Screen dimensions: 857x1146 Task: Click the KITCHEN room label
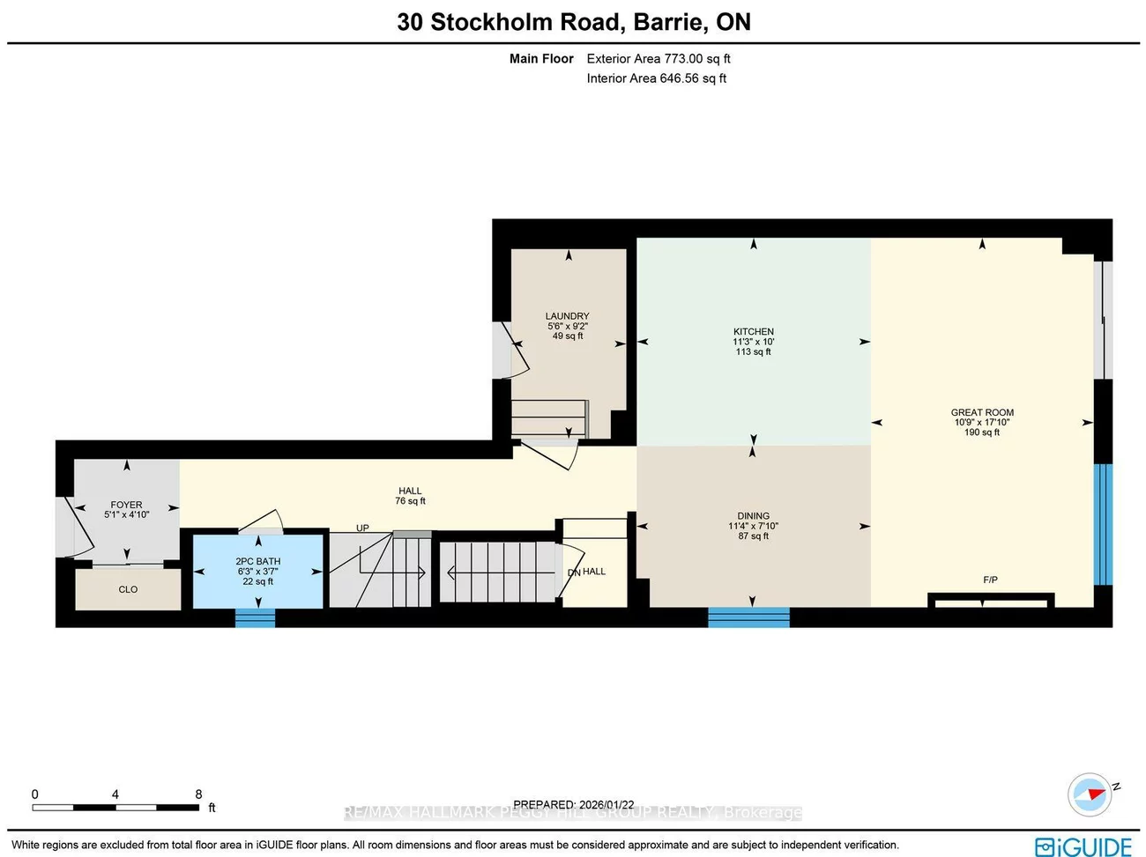(x=753, y=332)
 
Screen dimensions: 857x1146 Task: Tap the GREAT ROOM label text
(x=982, y=412)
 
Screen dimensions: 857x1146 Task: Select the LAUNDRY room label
(x=567, y=316)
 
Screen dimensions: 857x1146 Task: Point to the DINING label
(x=753, y=516)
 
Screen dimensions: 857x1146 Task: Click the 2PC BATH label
(x=257, y=561)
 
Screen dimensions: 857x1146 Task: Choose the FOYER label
(x=126, y=505)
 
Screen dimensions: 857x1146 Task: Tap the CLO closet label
(x=128, y=589)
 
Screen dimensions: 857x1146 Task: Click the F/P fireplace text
(x=990, y=580)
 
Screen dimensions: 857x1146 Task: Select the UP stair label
(x=362, y=528)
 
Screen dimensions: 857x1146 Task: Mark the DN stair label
(x=574, y=573)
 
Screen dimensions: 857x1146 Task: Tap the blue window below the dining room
(x=748, y=617)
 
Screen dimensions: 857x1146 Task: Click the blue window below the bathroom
(x=255, y=618)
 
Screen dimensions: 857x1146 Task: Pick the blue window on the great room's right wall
(x=1103, y=524)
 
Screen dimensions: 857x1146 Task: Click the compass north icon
(x=1090, y=794)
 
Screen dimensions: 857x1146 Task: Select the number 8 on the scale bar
(x=198, y=794)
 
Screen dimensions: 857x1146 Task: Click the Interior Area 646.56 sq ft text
(x=656, y=78)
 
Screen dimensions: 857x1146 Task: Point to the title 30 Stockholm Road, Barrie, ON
(x=574, y=22)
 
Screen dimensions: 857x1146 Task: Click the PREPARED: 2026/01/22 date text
(x=573, y=804)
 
